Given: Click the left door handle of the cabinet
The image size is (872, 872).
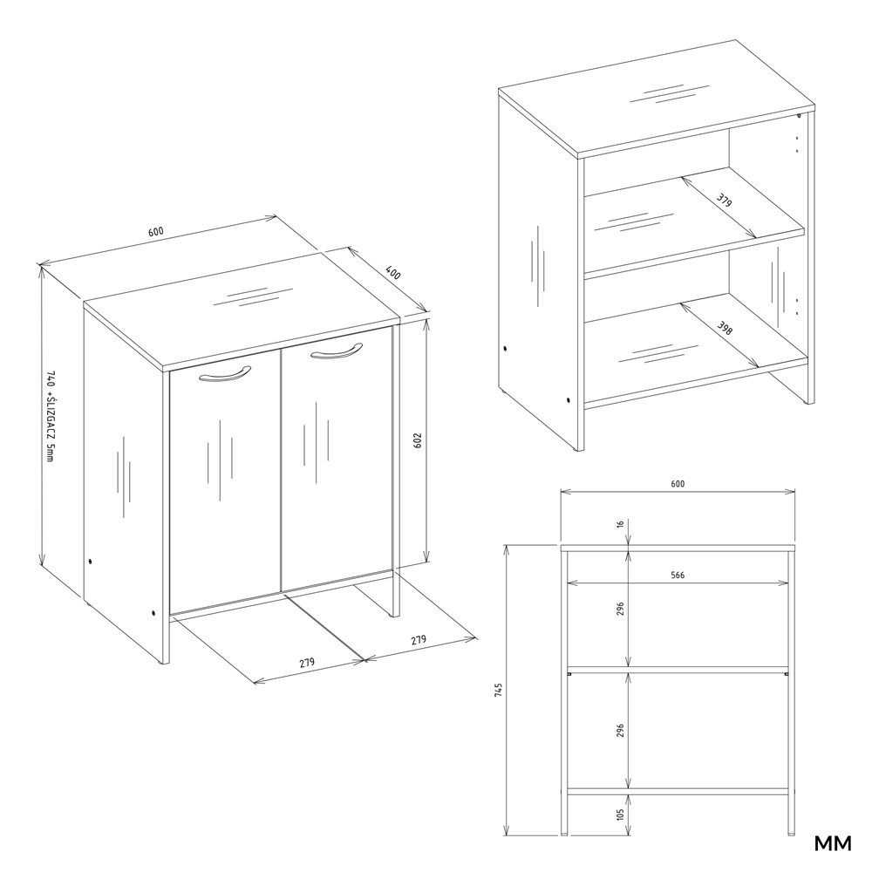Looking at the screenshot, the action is click(225, 375).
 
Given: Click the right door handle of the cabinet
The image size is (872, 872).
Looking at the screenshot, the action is click(337, 352).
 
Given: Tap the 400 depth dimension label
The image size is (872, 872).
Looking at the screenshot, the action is click(392, 273).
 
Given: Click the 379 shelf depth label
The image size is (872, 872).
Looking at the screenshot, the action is click(724, 200).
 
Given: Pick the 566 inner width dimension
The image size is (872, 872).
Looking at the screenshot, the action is click(678, 576).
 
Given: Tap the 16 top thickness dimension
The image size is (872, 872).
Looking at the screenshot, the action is click(621, 523).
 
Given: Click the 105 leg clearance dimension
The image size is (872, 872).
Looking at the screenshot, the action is click(621, 814).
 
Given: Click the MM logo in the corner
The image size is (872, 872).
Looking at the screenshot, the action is click(833, 843).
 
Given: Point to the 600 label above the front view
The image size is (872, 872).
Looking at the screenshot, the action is click(678, 484).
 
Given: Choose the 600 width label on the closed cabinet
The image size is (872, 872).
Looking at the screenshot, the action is click(156, 231).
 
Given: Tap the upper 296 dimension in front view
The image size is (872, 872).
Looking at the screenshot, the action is click(621, 609).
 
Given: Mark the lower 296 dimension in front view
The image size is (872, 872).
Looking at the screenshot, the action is click(621, 731).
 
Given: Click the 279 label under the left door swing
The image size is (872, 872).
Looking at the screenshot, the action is click(307, 663).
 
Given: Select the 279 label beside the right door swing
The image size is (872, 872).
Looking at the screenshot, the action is click(419, 639).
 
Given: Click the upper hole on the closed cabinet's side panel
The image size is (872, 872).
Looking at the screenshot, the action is click(90, 562).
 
